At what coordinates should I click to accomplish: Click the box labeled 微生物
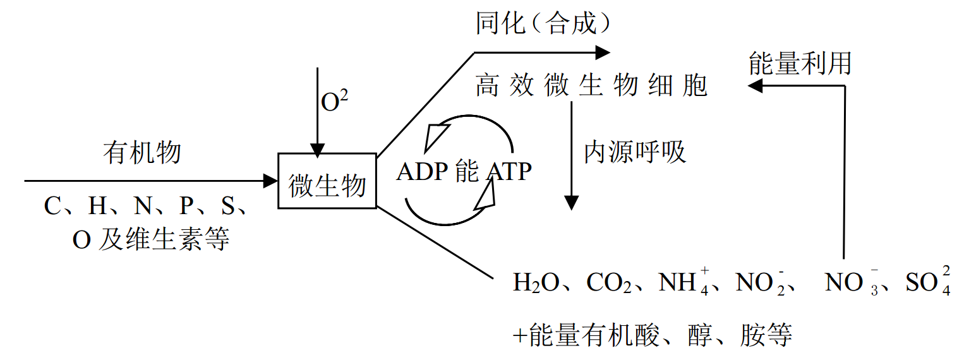[327, 181]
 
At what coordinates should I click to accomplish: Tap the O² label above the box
[335, 102]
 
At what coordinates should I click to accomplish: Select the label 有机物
[142, 153]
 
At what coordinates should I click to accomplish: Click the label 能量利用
[800, 64]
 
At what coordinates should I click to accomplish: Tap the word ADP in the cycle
[422, 172]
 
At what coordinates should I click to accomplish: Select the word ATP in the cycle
[509, 172]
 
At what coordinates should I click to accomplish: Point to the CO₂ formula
[609, 282]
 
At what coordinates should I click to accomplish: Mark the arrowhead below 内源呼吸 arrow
[571, 203]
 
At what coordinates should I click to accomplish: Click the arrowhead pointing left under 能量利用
[755, 86]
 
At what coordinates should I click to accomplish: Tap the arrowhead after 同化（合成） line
[603, 53]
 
